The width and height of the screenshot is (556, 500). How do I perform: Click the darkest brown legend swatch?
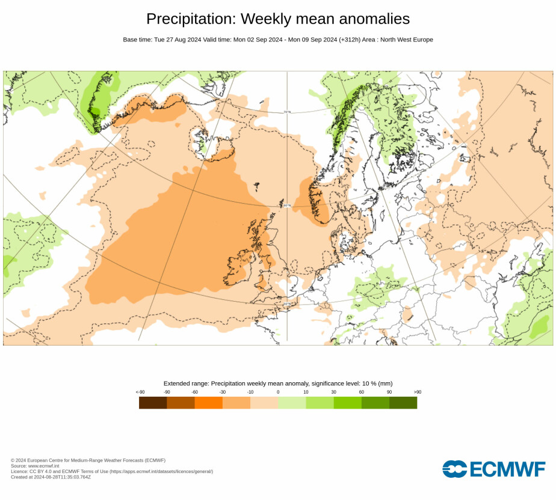tap(153, 403)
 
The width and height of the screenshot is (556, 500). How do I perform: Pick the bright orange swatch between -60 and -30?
tap(208, 403)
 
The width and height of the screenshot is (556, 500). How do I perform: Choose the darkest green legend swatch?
tap(403, 403)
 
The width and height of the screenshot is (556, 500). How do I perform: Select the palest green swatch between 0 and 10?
tap(292, 403)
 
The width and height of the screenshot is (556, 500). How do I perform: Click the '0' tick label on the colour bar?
tap(278, 392)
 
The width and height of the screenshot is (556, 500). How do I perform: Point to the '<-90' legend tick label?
tap(140, 392)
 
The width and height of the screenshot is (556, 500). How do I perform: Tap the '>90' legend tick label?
tap(417, 392)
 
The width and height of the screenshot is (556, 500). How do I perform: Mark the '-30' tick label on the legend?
tap(223, 392)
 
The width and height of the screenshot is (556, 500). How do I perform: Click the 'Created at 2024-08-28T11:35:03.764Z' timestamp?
tap(51, 477)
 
